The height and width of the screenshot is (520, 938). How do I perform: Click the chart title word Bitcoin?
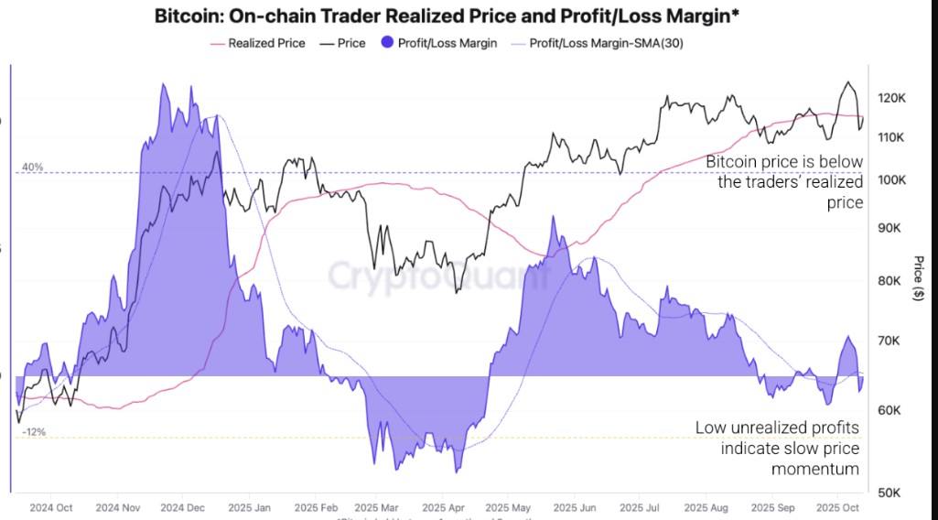pos(186,16)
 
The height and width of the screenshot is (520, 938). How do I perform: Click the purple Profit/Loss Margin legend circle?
pos(386,43)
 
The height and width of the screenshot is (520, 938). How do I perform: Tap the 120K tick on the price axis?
pos(890,98)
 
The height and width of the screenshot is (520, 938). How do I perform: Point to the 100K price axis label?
pos(890,179)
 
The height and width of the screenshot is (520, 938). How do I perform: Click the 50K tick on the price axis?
pos(890,493)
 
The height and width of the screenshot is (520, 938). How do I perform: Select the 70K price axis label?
pos(890,341)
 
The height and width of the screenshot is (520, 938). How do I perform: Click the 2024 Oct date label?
pos(51,507)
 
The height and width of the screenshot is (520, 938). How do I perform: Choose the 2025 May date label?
pos(508,507)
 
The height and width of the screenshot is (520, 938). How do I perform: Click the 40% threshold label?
pos(33,168)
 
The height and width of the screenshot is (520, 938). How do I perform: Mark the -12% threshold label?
pos(34,432)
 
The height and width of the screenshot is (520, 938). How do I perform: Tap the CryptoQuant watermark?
pos(439,275)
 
